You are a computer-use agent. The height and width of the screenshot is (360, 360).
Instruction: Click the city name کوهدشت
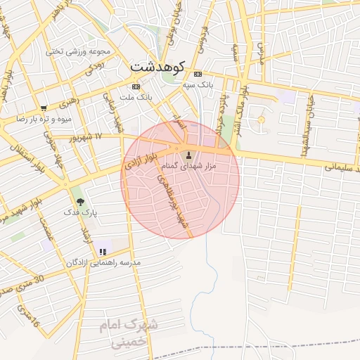[x=157, y=67]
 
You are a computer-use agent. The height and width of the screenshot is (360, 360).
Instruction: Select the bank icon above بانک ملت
[x=136, y=86]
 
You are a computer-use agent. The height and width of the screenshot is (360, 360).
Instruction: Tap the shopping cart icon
[x=44, y=108]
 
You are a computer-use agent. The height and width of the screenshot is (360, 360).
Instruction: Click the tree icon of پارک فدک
[x=80, y=202]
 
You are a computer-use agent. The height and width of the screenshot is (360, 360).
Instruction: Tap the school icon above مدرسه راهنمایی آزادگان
[x=103, y=252]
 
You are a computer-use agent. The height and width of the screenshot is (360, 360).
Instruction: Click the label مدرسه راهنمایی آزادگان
[x=103, y=262]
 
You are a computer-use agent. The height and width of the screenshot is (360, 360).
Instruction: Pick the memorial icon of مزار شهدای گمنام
[x=188, y=155]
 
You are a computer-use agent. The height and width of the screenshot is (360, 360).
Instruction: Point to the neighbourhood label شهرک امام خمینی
[x=129, y=333]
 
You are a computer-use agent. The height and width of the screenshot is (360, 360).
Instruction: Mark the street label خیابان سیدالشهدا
[x=310, y=105]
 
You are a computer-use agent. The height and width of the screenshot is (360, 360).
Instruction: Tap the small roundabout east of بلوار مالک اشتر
[x=261, y=120]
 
